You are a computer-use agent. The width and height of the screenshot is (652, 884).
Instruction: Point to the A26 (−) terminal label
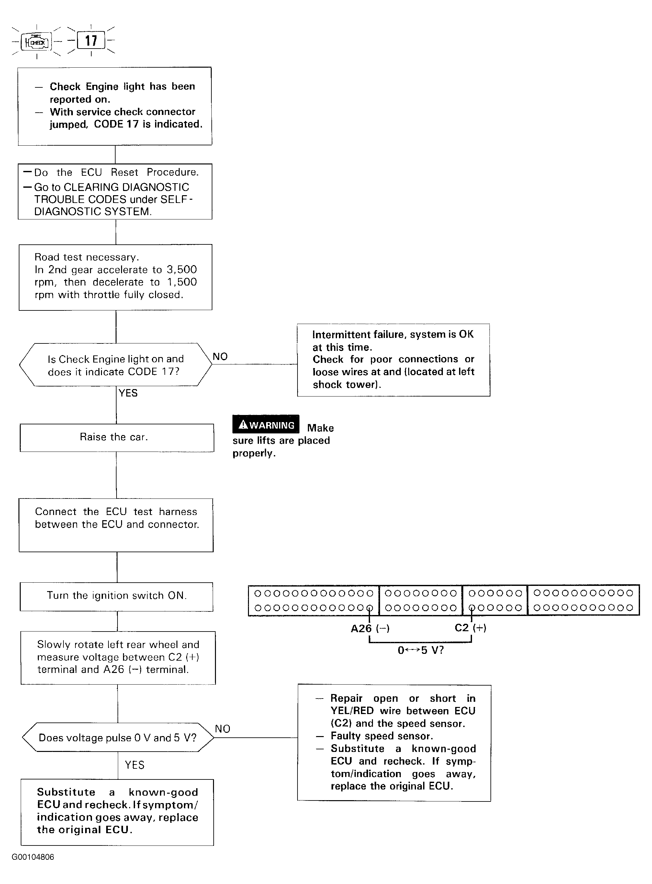(x=370, y=628)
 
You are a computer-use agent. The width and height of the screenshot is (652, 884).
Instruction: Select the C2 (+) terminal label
(x=470, y=628)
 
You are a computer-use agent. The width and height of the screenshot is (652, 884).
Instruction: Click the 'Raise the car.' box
(x=117, y=438)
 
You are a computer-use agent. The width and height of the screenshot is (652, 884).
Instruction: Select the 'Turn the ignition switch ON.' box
(x=117, y=597)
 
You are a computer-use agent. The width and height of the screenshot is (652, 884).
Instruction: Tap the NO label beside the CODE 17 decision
(x=220, y=356)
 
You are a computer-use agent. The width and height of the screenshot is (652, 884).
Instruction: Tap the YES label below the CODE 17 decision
(x=128, y=393)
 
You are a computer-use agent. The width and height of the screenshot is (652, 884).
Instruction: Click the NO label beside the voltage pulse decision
(x=222, y=729)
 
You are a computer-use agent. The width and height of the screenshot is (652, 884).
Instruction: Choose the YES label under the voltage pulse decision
(x=135, y=765)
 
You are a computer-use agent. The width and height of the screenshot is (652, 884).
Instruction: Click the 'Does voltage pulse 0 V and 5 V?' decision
(x=118, y=737)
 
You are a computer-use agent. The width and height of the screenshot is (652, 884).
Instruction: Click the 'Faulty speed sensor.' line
(x=382, y=736)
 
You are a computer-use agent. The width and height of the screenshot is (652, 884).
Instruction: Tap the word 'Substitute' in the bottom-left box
(x=66, y=792)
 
